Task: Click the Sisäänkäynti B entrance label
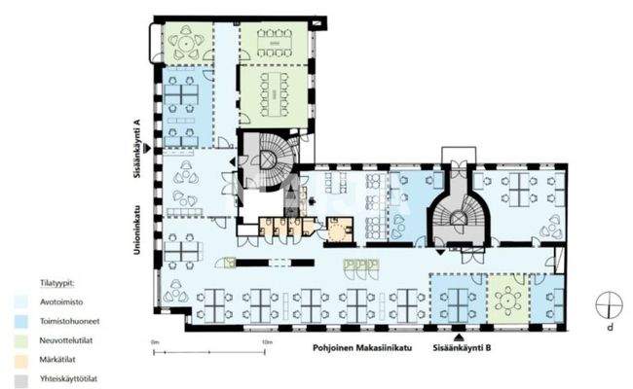coord(463,345)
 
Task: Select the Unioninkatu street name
coord(137,225)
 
